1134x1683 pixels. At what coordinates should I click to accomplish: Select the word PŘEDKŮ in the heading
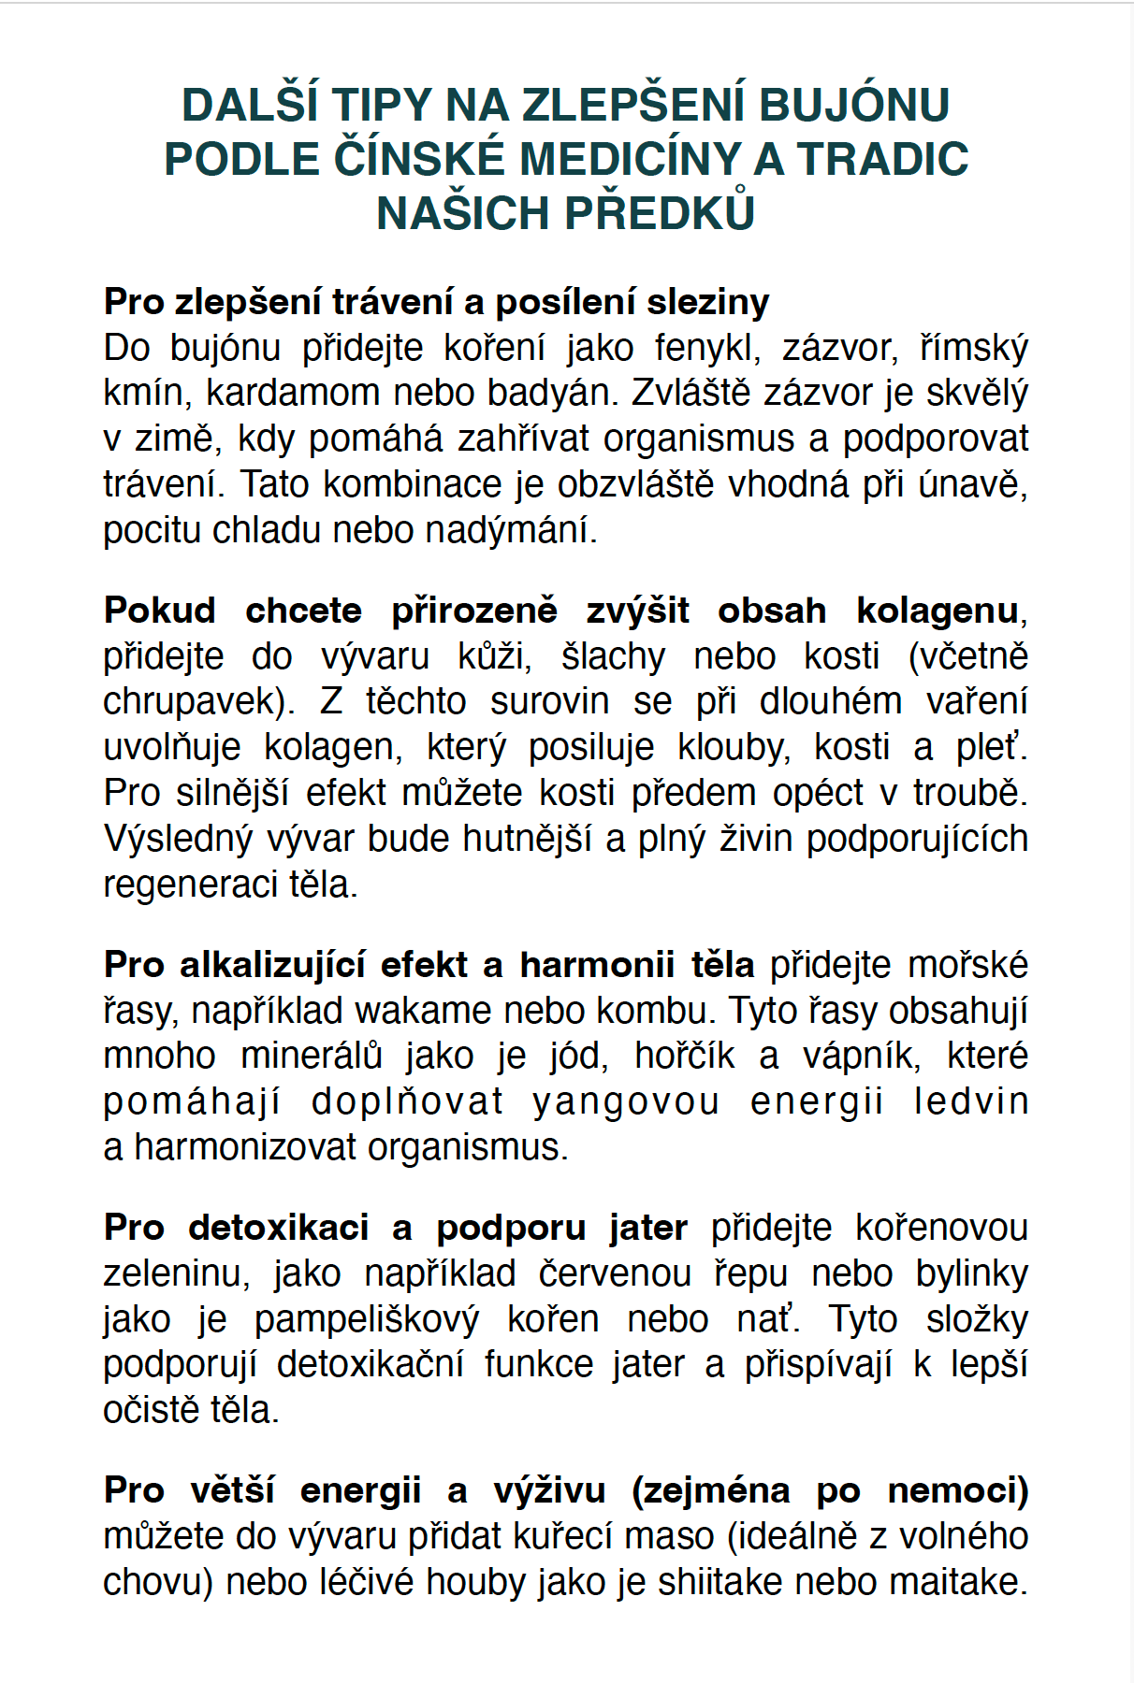click(x=661, y=213)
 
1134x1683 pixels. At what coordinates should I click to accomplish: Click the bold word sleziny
click(x=708, y=302)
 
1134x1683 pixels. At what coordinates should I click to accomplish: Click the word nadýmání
click(x=511, y=530)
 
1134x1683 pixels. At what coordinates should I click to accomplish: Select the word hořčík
click(x=684, y=1056)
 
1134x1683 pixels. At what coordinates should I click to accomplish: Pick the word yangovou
click(x=626, y=1101)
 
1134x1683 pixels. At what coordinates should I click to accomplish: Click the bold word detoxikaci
click(x=279, y=1228)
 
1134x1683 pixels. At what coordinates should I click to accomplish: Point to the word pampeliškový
click(x=367, y=1319)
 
